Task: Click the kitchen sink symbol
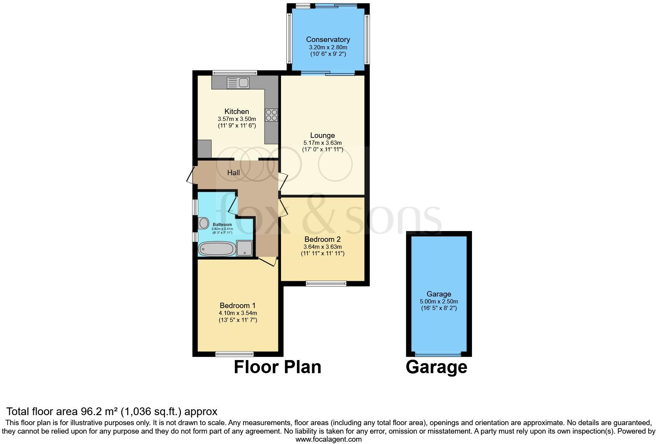(x=238, y=82)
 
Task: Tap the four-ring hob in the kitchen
(x=271, y=115)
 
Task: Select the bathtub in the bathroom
(x=217, y=249)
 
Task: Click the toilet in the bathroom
(x=203, y=223)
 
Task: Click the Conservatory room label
(x=328, y=39)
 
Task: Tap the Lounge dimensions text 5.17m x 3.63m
(x=322, y=143)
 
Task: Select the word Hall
(x=233, y=173)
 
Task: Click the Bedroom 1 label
(x=238, y=305)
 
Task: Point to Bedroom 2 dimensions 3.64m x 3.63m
(x=322, y=247)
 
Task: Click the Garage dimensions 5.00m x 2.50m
(x=438, y=302)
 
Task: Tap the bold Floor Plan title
(x=277, y=367)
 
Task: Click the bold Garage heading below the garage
(x=436, y=367)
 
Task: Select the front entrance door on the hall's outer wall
(x=190, y=175)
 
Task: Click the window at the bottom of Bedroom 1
(x=234, y=354)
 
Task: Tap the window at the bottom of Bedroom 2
(x=326, y=284)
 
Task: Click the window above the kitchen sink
(x=234, y=72)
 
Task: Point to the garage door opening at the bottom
(x=438, y=354)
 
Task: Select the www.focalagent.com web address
(x=328, y=439)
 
